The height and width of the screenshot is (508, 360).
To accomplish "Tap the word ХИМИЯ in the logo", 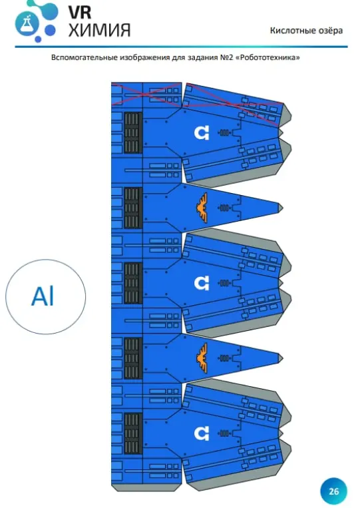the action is [x=100, y=30].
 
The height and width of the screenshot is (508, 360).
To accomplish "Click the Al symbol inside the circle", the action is [x=43, y=296].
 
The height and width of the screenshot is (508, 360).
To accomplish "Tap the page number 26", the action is [x=334, y=491].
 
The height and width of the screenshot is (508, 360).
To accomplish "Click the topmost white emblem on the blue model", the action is [x=202, y=132].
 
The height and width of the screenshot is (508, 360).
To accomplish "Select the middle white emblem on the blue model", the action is [x=202, y=283].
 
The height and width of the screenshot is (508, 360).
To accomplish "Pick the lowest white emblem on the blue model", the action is [x=202, y=433].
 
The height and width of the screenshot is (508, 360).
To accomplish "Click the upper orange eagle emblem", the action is [x=202, y=208].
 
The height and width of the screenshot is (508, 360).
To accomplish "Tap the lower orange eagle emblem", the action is [x=202, y=358].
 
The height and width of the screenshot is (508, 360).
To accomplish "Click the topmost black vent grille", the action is [x=133, y=133].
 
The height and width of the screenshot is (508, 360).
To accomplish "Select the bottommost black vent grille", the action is [x=133, y=433].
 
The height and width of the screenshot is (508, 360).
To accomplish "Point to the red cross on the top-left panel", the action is [x=146, y=94].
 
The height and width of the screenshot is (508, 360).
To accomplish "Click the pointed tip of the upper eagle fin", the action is [x=283, y=208].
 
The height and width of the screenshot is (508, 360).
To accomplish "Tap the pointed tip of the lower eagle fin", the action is [x=283, y=358].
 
